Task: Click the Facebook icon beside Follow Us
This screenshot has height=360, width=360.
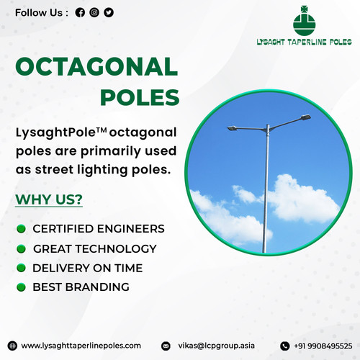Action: pyautogui.click(x=80, y=12)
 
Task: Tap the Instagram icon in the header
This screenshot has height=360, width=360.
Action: pyautogui.click(x=94, y=12)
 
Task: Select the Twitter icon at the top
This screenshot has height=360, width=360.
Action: pyautogui.click(x=109, y=12)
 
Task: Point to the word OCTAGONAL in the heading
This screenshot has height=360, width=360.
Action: pyautogui.click(x=96, y=67)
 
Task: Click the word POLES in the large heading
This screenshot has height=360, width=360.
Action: pyautogui.click(x=139, y=96)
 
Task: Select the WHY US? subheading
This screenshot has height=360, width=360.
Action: pyautogui.click(x=49, y=199)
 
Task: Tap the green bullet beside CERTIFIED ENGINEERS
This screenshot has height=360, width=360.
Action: pyautogui.click(x=22, y=229)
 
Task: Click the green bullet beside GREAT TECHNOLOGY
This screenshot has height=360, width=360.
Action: pyautogui.click(x=22, y=249)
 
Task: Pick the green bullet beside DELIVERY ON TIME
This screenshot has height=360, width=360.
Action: pyautogui.click(x=22, y=268)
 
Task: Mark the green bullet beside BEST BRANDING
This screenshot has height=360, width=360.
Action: pyautogui.click(x=22, y=287)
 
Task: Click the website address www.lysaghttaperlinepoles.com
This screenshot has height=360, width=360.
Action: pyautogui.click(x=81, y=345)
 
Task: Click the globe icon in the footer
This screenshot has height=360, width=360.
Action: pyautogui.click(x=12, y=345)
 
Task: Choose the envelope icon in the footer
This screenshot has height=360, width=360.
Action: pyautogui.click(x=166, y=346)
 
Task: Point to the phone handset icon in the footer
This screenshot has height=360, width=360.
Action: pyautogui.click(x=284, y=346)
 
